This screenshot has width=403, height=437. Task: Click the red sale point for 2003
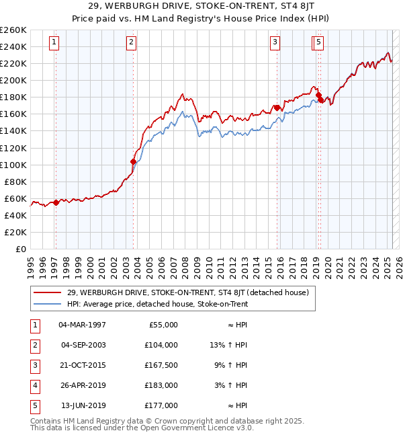133,161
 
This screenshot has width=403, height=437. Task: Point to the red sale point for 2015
277,108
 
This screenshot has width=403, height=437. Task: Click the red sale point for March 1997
56,202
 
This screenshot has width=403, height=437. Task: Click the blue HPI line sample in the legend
47,304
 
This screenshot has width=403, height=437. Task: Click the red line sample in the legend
47,292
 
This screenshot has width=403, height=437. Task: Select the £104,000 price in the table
161,345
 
